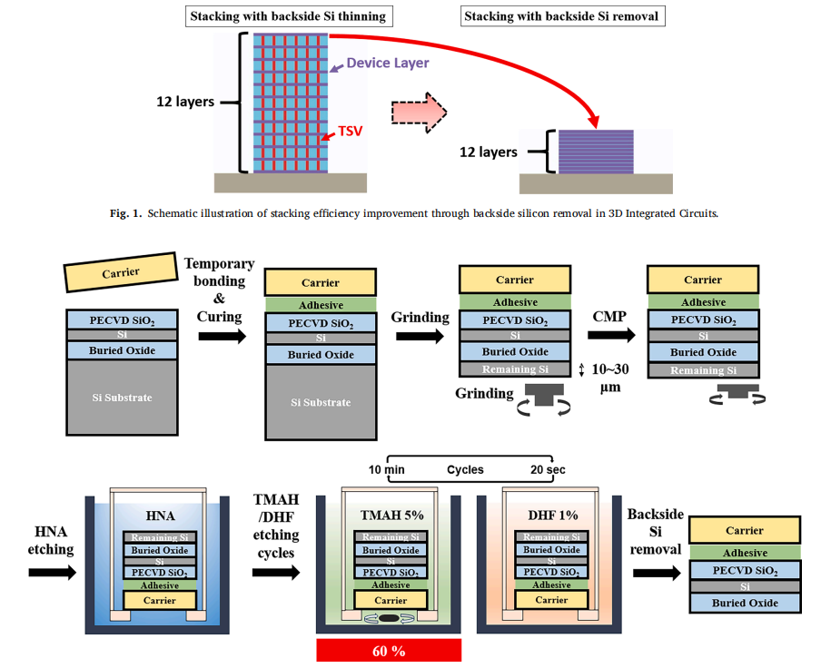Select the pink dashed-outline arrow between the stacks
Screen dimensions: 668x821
point(418,112)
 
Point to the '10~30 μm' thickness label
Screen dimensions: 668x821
point(606,376)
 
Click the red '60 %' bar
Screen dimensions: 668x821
point(389,651)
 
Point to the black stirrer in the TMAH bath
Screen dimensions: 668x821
point(390,620)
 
